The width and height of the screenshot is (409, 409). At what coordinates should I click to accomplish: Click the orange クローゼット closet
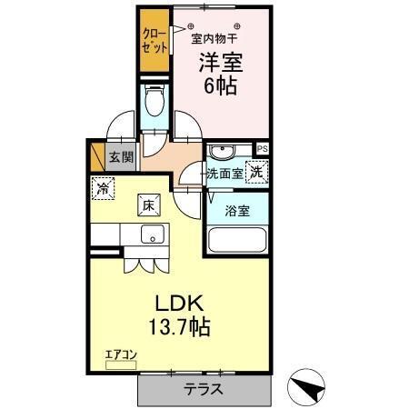pyautogui.click(x=152, y=41)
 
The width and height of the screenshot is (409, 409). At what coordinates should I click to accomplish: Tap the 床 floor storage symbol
pyautogui.click(x=148, y=206)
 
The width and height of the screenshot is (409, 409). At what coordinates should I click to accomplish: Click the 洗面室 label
pyautogui.click(x=224, y=174)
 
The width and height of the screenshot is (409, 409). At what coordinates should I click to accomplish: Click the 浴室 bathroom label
pyautogui.click(x=237, y=211)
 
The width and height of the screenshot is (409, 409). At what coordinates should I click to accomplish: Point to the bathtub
pyautogui.click(x=236, y=241)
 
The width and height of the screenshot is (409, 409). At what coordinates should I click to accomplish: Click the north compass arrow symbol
pyautogui.click(x=308, y=388)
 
